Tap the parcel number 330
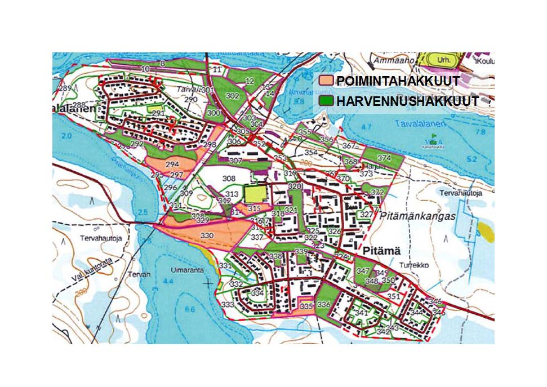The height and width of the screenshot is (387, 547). pyautogui.click(x=207, y=235)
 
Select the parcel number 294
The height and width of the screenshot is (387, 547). pyautogui.click(x=173, y=164)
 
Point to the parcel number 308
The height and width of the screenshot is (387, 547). pyautogui.click(x=228, y=179)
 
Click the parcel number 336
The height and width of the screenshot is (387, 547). pyautogui.click(x=323, y=305)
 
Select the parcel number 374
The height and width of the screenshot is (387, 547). pyautogui.click(x=384, y=158)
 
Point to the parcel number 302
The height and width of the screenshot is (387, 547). pyautogui.click(x=232, y=96)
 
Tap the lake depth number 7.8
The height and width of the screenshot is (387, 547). pyautogui.click(x=480, y=132)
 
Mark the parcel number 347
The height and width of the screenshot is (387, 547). pyautogui.click(x=363, y=272)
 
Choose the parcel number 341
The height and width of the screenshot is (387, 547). pyautogui.click(x=361, y=313)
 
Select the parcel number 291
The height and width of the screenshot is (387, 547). pyautogui.click(x=158, y=114)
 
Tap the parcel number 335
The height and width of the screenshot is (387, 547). pyautogui.click(x=306, y=306)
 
